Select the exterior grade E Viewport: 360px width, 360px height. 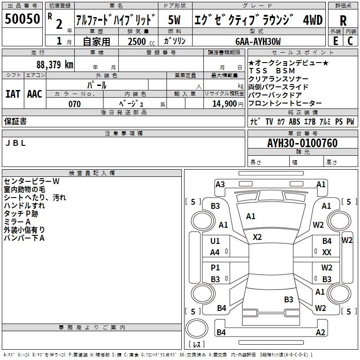point(335,40)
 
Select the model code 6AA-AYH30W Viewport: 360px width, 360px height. point(258,41)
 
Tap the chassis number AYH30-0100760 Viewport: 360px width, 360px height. point(302,143)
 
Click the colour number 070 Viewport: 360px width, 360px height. point(74,104)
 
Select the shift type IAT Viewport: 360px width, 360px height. point(13,94)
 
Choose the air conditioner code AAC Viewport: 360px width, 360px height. point(35,94)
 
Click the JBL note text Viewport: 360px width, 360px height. point(15,143)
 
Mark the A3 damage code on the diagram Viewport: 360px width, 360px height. point(220,184)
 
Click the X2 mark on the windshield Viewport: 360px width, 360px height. point(257,237)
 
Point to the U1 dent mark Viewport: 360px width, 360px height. point(215,241)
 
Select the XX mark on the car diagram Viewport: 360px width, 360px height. point(327,252)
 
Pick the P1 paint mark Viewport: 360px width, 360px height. point(215,268)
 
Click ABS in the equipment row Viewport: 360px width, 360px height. point(295,121)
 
